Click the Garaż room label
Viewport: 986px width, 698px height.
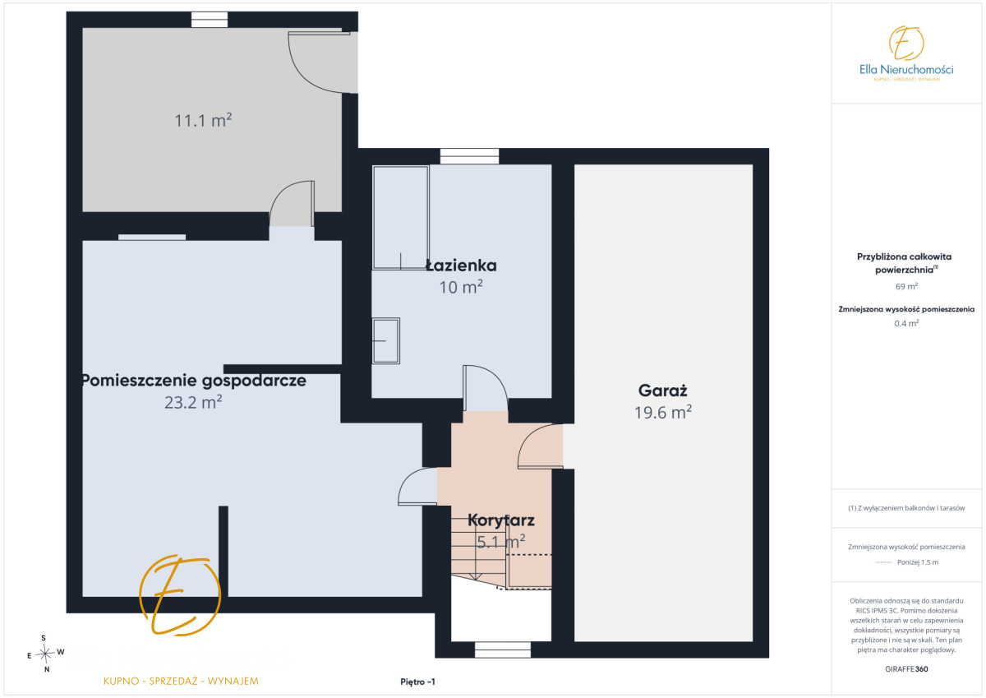[x=662, y=391]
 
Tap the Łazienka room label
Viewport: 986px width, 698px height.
[x=461, y=266]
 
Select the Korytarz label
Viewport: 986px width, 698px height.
[x=501, y=520]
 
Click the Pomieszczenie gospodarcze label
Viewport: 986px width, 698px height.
[x=194, y=381]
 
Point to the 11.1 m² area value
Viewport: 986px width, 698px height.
[x=204, y=120]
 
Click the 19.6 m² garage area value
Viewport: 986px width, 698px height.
[x=663, y=412]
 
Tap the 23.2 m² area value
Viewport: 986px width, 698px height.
[x=193, y=402]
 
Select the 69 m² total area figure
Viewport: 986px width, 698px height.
[x=906, y=286]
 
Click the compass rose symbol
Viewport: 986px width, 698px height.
[x=45, y=654]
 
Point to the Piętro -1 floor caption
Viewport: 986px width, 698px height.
[x=417, y=682]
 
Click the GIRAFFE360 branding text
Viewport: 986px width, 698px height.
[x=906, y=669]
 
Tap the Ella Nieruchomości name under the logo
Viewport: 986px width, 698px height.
[x=906, y=69]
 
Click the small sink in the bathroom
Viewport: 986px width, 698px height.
[x=386, y=341]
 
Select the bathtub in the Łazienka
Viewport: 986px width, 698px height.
[x=401, y=218]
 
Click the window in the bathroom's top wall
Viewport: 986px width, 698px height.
[x=470, y=156]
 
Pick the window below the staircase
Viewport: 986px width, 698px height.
[x=503, y=649]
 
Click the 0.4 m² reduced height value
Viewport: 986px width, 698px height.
[x=906, y=323]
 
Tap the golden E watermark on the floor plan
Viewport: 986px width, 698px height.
[x=180, y=595]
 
